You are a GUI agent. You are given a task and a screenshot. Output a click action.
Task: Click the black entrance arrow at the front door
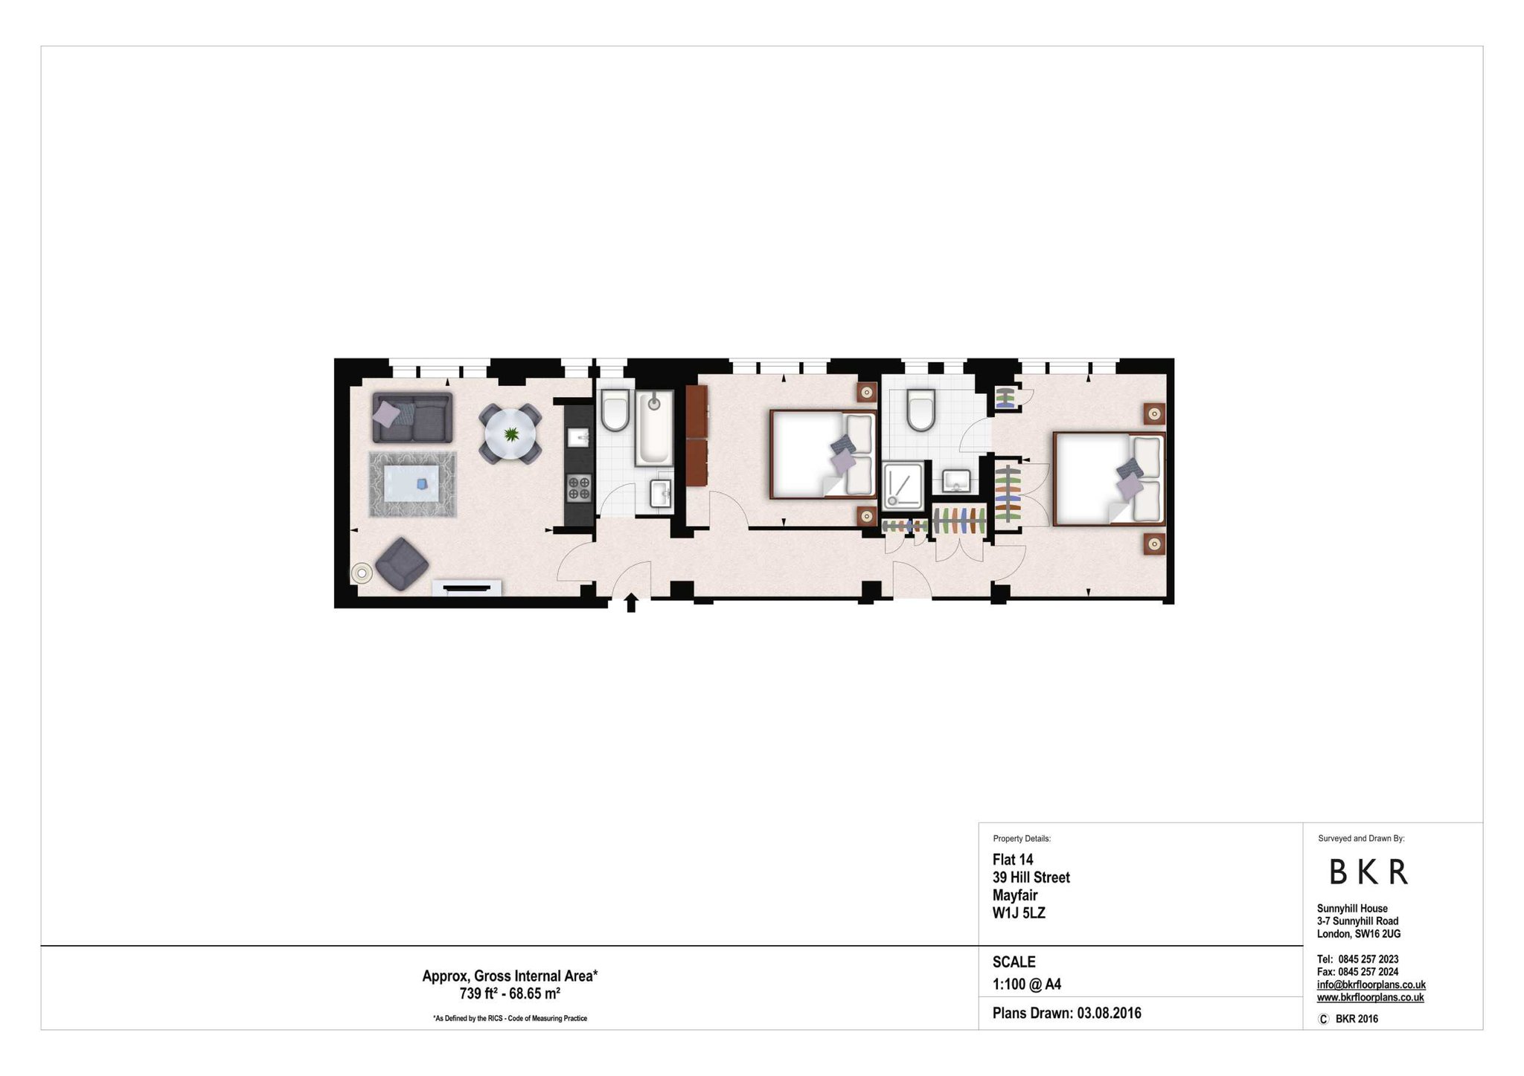pyautogui.click(x=631, y=603)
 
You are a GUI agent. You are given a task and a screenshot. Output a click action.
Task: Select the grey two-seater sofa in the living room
pyautogui.click(x=412, y=418)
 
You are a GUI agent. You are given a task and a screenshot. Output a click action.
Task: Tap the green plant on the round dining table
pyautogui.click(x=511, y=434)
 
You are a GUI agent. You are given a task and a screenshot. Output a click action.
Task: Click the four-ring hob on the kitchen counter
pyautogui.click(x=579, y=488)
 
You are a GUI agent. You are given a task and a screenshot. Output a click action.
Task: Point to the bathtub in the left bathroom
pyautogui.click(x=653, y=428)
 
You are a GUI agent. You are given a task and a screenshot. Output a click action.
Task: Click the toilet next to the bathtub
pyautogui.click(x=615, y=413)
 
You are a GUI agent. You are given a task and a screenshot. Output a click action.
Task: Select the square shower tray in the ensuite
pyautogui.click(x=903, y=486)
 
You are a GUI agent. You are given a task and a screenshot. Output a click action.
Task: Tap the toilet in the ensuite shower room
pyautogui.click(x=921, y=410)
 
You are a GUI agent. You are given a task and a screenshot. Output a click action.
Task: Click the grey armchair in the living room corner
pyautogui.click(x=402, y=564)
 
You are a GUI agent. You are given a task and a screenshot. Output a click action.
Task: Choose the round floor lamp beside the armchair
pyautogui.click(x=362, y=573)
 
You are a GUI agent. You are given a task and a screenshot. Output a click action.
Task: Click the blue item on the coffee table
pyautogui.click(x=422, y=484)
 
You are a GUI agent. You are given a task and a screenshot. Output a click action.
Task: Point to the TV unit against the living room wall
pyautogui.click(x=467, y=588)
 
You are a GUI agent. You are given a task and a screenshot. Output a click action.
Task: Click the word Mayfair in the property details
pyautogui.click(x=1014, y=895)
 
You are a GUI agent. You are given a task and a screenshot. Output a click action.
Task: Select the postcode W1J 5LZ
pyautogui.click(x=1019, y=913)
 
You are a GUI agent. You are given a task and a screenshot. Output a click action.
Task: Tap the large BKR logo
pyautogui.click(x=1368, y=872)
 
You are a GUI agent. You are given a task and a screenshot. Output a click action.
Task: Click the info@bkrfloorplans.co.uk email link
pyautogui.click(x=1371, y=985)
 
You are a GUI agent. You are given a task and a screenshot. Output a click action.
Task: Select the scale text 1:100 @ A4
pyautogui.click(x=1026, y=985)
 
